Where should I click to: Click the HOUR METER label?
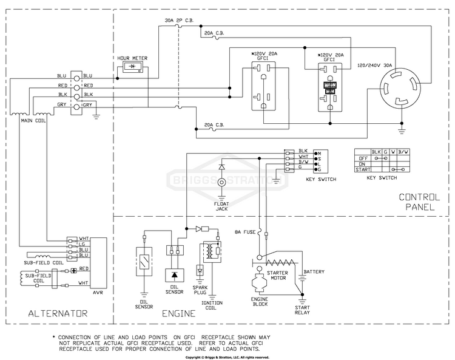(132, 58)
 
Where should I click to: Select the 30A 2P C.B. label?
(178, 21)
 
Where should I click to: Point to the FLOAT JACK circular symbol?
(222, 188)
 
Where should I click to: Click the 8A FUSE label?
(246, 231)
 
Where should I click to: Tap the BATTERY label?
(315, 271)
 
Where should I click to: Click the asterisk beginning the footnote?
(54, 336)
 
